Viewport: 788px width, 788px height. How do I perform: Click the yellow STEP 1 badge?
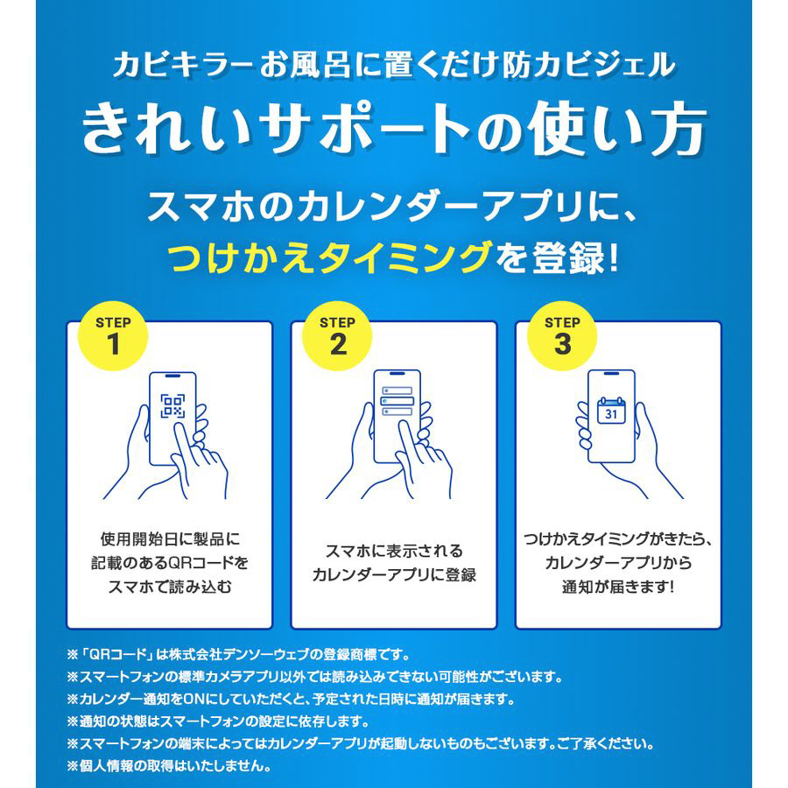[113, 335]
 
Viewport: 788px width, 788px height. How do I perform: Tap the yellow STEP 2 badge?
[337, 335]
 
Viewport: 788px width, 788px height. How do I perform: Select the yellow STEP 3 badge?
[562, 335]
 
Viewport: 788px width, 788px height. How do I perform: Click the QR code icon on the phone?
[172, 406]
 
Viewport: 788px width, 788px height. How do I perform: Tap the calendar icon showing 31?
[610, 410]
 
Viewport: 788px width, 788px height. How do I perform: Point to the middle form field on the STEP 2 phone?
[397, 401]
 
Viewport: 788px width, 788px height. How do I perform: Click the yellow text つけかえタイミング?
[330, 257]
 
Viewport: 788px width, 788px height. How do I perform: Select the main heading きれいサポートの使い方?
[393, 128]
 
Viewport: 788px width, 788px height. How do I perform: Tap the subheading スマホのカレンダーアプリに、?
[393, 206]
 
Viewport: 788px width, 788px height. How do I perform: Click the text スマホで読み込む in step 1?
[170, 587]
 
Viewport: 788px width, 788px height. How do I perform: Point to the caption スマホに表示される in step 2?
[394, 551]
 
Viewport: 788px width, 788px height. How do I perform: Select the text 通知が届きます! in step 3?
[617, 587]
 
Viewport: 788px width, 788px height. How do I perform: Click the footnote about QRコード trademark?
[239, 655]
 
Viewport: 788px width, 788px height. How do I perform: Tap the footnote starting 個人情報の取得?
[169, 766]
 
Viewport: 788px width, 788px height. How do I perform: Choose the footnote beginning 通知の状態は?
[218, 721]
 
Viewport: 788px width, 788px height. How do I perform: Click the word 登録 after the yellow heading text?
[568, 257]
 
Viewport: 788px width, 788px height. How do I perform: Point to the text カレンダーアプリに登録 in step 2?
[394, 574]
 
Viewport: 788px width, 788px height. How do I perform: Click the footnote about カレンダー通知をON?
[292, 699]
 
